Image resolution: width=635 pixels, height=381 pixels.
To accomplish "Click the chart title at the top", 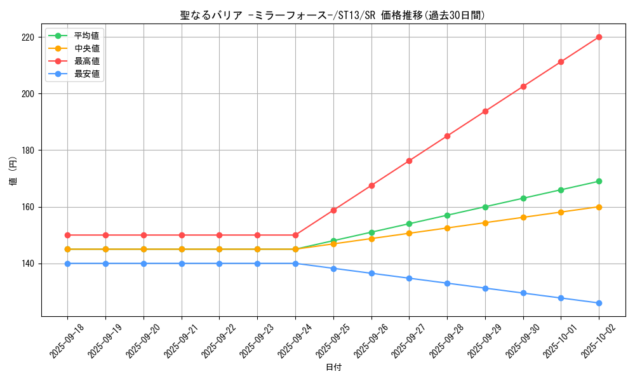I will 333,15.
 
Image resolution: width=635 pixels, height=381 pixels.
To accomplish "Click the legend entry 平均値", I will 86,36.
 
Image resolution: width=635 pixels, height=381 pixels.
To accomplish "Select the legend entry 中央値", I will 86,48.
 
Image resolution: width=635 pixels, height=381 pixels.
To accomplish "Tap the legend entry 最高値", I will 86,61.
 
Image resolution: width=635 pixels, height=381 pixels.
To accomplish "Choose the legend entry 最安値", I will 86,74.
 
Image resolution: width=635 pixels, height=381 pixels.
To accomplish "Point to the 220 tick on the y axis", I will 28,37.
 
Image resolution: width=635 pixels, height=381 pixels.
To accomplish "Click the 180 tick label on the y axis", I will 28,150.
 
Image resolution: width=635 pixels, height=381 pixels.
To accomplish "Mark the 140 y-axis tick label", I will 28,264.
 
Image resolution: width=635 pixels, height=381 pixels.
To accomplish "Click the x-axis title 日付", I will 333,368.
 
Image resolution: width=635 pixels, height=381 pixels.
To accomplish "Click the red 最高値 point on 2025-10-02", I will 599,37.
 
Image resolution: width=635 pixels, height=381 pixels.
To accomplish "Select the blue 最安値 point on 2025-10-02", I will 599,303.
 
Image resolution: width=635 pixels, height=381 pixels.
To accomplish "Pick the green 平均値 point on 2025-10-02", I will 599,181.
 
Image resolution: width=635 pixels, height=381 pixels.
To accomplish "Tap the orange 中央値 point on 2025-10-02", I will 599,207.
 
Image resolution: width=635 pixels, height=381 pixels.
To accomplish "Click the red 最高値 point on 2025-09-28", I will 447,136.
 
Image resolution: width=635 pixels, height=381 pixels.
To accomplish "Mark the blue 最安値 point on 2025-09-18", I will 67,264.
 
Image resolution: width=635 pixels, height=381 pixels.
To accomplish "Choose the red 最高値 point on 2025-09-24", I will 295,235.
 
